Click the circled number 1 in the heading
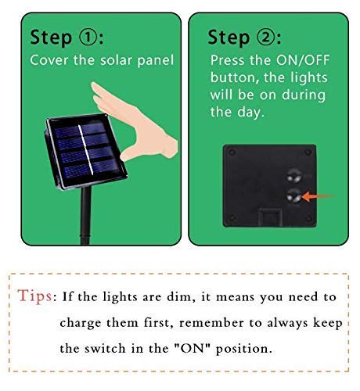click(88, 38)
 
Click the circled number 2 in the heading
click(266, 38)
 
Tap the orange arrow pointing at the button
click(318, 196)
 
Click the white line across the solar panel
click(85, 150)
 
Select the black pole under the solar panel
click(85, 216)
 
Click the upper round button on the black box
click(294, 176)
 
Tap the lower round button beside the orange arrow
click(294, 196)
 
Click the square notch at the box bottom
click(270, 217)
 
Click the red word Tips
click(34, 296)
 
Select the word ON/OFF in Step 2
click(303, 60)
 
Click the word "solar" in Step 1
click(116, 60)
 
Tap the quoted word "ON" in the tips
click(193, 348)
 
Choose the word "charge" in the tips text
click(81, 324)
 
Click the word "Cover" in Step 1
click(49, 60)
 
